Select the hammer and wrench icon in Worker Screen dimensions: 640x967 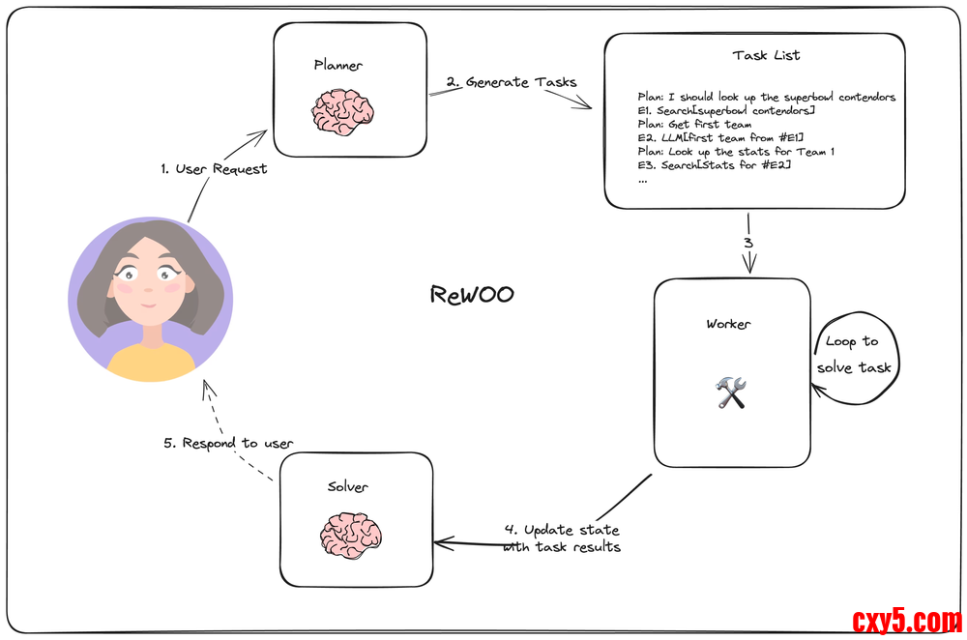731,392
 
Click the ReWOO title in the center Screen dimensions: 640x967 472,294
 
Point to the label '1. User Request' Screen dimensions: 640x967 214,168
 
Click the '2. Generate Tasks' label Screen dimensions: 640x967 512,82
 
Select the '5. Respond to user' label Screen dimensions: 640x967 228,443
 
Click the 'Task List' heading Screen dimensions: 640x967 767,55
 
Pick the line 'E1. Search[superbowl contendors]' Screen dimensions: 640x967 720,111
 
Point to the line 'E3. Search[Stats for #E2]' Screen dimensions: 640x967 708,165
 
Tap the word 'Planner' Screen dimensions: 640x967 338,65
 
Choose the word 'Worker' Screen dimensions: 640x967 728,324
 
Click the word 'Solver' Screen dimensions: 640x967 348,486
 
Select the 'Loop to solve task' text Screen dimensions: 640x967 854,354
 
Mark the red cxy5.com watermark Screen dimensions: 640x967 906,620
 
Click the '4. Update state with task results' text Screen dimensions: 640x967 562,538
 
